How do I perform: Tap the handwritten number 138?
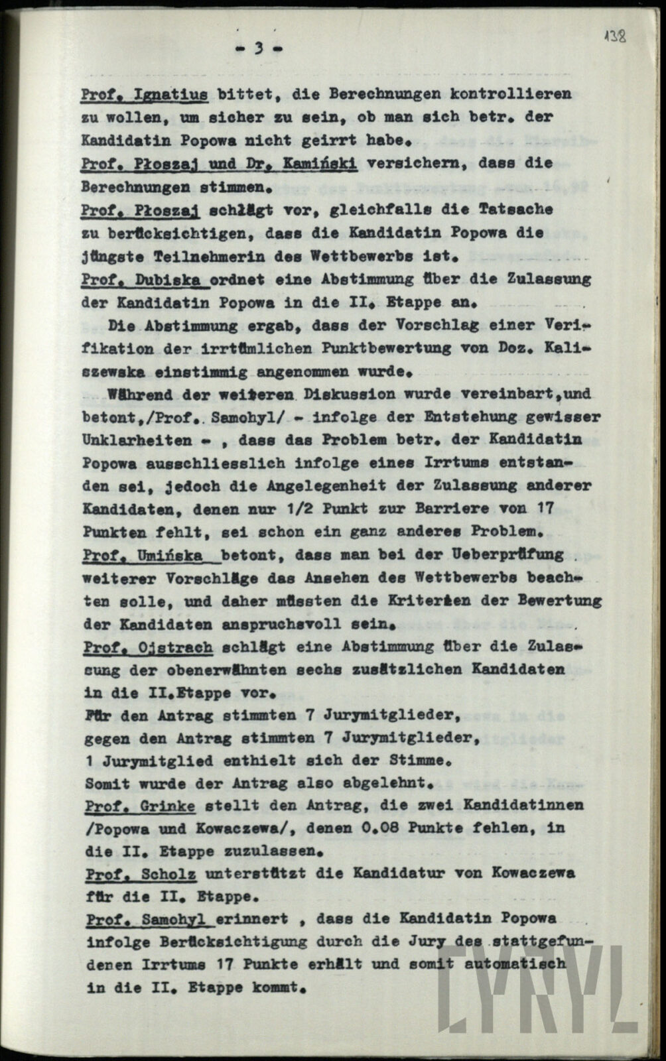(x=616, y=36)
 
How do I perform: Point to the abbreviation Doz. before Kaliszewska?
(x=521, y=347)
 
